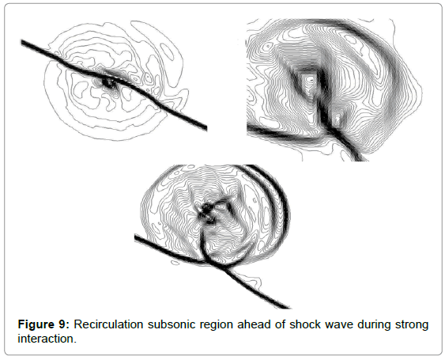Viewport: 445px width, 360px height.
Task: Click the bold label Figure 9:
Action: click(x=43, y=324)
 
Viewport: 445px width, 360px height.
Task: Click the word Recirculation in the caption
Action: click(x=108, y=324)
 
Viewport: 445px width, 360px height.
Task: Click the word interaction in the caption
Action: click(x=47, y=339)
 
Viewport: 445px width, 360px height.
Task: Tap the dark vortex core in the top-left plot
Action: click(x=107, y=83)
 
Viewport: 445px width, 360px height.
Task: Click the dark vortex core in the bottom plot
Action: click(x=206, y=212)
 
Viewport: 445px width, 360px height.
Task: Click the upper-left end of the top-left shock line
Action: click(x=22, y=43)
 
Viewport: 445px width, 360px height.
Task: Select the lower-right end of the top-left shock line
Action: click(x=206, y=128)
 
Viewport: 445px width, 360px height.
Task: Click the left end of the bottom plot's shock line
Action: click(x=136, y=237)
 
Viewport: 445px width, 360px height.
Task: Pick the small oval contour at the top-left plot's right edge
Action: click(x=168, y=52)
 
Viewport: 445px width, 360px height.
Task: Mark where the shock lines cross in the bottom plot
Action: click(x=222, y=267)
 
